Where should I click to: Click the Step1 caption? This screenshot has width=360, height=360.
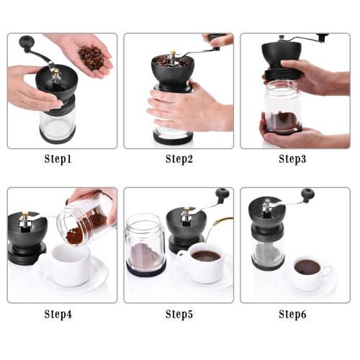tap(58, 159)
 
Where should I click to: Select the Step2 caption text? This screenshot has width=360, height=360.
tap(179, 159)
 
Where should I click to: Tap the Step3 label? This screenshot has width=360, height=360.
tap(292, 159)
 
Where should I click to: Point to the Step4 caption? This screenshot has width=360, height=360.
tap(58, 315)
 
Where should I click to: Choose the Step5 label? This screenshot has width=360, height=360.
tap(179, 315)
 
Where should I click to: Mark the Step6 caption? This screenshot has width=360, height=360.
tap(292, 315)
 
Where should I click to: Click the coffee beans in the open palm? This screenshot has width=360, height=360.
tap(91, 57)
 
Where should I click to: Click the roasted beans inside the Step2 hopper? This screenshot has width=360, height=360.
tap(171, 61)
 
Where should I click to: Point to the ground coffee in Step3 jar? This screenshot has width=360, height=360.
tap(283, 121)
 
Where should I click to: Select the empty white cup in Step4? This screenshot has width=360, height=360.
tap(70, 264)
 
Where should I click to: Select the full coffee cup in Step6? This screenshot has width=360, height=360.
tap(311, 274)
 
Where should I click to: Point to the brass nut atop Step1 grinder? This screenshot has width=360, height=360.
tap(57, 73)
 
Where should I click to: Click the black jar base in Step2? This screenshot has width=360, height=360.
tap(173, 139)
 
